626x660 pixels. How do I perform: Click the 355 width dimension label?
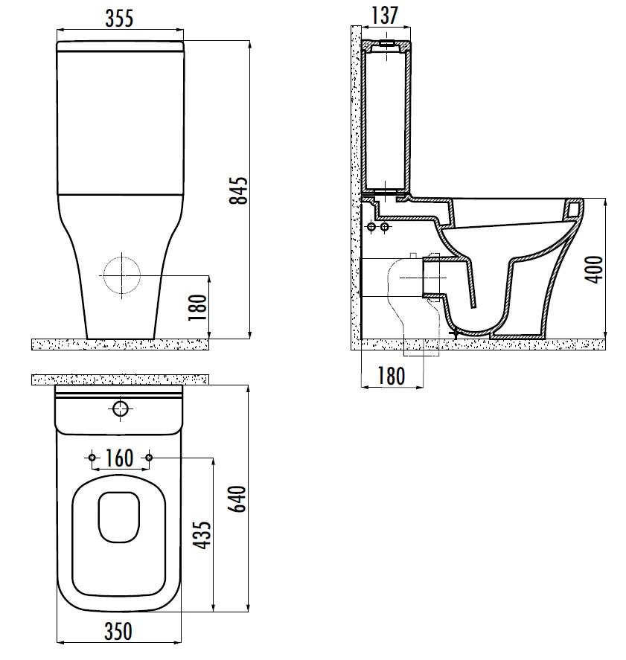[119, 18]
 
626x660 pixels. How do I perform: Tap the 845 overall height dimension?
[238, 190]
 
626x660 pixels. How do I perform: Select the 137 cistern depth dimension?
[385, 15]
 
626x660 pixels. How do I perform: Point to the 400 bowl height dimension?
[594, 269]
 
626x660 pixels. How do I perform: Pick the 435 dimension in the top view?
[202, 535]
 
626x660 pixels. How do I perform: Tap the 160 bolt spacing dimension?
[119, 458]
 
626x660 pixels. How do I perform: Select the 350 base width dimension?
[118, 632]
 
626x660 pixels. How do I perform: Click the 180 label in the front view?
[198, 307]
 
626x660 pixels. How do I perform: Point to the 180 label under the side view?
[391, 376]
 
